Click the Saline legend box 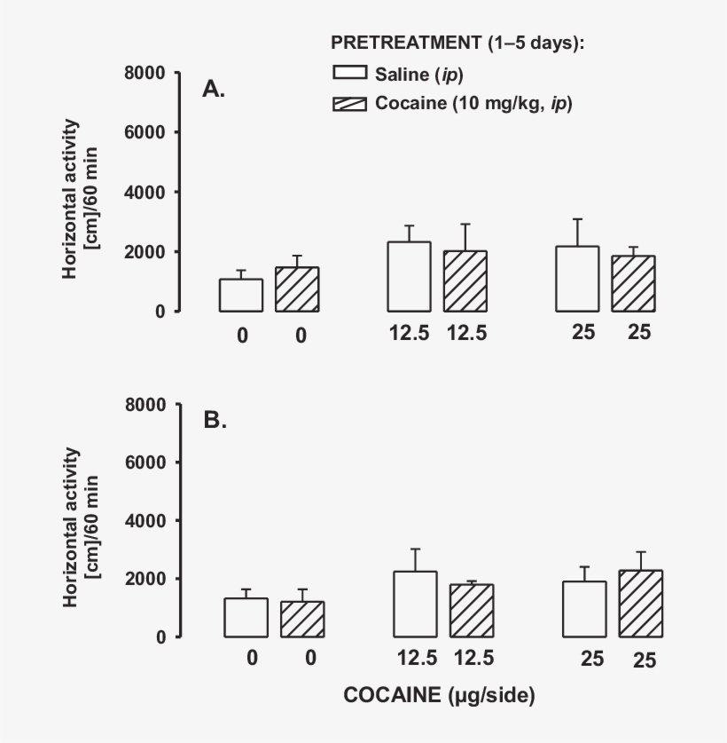point(349,73)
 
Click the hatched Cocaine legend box point(349,104)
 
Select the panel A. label point(214,89)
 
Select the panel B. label point(215,420)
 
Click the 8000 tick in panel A point(147,73)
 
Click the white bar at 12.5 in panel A point(410,276)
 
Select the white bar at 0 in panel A point(241,295)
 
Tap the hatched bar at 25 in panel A point(633,283)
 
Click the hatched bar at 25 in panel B point(641,604)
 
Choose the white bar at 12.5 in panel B point(416,604)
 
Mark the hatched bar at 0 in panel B point(302,619)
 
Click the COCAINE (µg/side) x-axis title point(439,697)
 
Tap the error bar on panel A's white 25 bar point(578,233)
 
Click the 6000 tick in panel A point(147,132)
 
